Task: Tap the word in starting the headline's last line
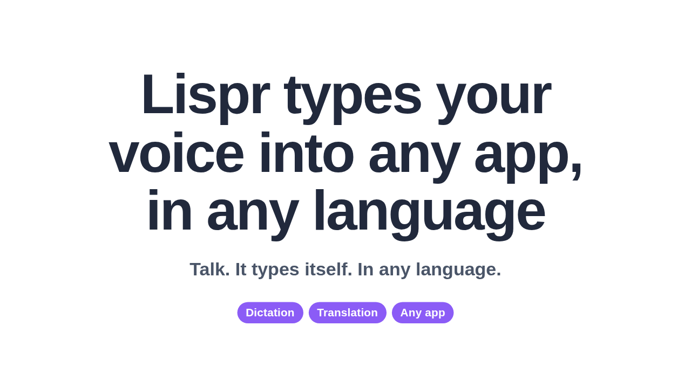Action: coord(170,210)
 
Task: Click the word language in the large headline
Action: coord(430,215)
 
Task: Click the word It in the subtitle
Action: coord(241,269)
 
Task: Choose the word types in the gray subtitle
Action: coord(275,271)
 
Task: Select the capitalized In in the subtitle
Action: coord(365,269)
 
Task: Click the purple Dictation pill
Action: coord(270,313)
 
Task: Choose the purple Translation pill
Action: coord(347,313)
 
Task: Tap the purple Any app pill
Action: coord(423,313)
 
